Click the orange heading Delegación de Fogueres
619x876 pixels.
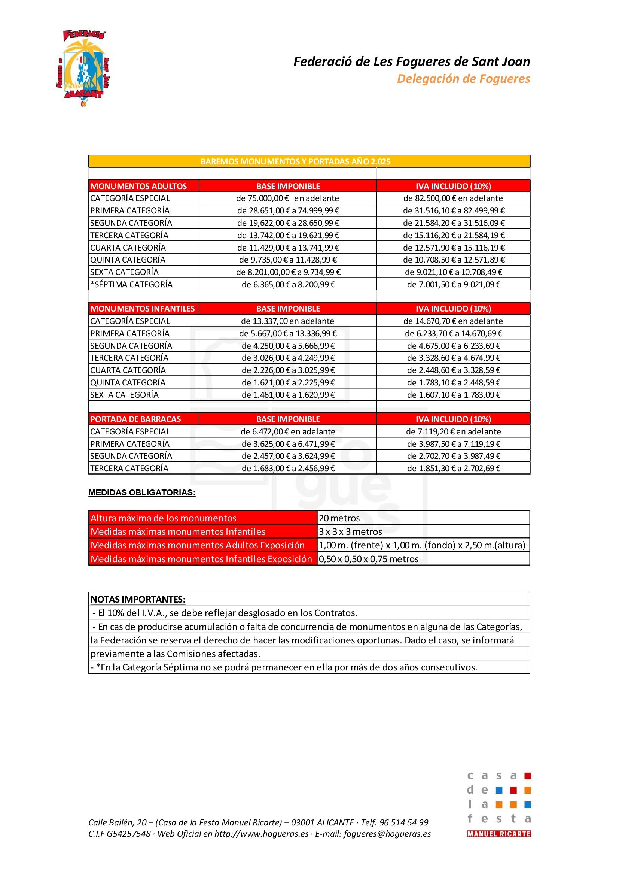tap(463, 79)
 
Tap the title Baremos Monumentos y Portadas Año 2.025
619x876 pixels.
tap(295, 161)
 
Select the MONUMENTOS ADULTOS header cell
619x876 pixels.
tap(139, 186)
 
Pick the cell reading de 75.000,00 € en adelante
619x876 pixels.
tap(287, 198)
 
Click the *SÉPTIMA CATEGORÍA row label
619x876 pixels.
tap(131, 284)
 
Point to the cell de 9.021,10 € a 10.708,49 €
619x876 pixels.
tap(453, 272)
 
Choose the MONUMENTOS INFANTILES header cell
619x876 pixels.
tap(143, 309)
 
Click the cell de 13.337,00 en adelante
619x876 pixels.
tap(287, 321)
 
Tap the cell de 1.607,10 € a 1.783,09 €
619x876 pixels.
tap(453, 395)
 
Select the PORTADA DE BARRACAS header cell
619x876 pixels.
tap(136, 419)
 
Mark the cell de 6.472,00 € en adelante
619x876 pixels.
tap(287, 431)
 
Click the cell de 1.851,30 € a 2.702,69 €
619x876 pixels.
tap(453, 468)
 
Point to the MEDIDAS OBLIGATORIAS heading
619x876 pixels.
tap(142, 492)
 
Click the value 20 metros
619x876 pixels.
tap(339, 518)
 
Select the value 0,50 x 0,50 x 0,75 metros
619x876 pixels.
tap(369, 559)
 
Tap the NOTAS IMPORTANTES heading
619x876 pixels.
tap(138, 599)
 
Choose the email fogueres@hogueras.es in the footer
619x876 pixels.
tap(387, 834)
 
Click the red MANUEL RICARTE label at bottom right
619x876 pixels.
tap(498, 834)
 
